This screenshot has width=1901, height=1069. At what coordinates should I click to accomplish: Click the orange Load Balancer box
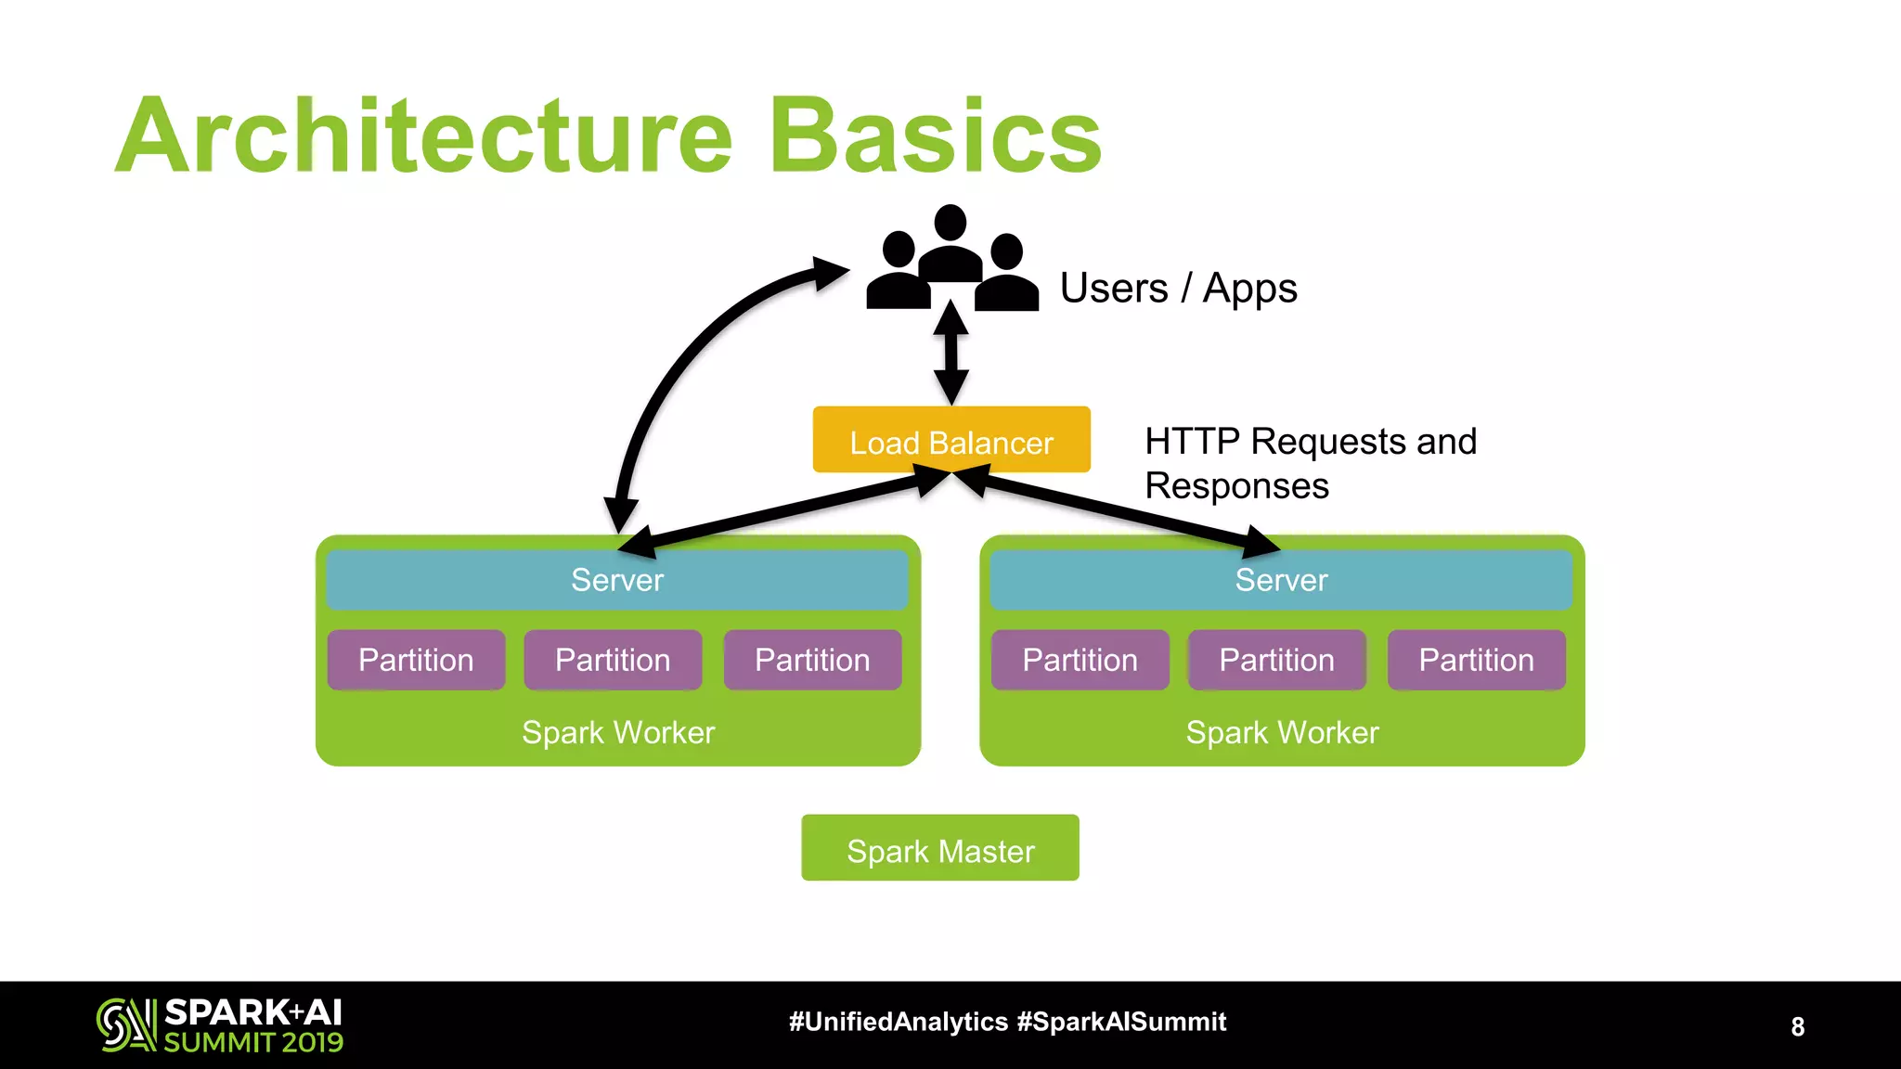click(951, 440)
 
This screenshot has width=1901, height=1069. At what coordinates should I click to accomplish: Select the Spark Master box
click(940, 848)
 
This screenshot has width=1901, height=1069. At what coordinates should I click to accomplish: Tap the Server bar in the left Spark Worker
click(617, 581)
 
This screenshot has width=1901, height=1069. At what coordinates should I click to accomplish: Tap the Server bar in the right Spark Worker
click(1281, 581)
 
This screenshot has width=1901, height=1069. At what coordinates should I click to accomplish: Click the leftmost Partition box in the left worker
click(416, 660)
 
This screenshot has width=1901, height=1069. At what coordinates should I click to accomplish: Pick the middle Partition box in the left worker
click(613, 660)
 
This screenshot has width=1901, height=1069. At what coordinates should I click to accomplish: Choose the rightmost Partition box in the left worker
click(812, 660)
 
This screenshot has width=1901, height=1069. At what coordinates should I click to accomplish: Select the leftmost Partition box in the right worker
click(1080, 660)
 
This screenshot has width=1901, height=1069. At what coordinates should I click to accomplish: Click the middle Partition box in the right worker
click(1276, 660)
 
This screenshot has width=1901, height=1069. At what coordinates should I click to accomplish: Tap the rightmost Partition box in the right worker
click(1476, 660)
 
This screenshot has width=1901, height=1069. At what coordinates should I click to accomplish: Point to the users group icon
click(951, 260)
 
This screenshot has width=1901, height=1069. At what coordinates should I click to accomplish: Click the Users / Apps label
click(1178, 289)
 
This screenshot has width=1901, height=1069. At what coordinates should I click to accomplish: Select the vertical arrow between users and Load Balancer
click(951, 353)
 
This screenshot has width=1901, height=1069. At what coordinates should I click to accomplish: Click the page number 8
click(1797, 1026)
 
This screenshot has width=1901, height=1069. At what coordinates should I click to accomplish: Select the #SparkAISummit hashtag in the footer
click(1121, 1022)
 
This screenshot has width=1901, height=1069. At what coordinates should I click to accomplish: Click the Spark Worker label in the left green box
click(618, 733)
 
